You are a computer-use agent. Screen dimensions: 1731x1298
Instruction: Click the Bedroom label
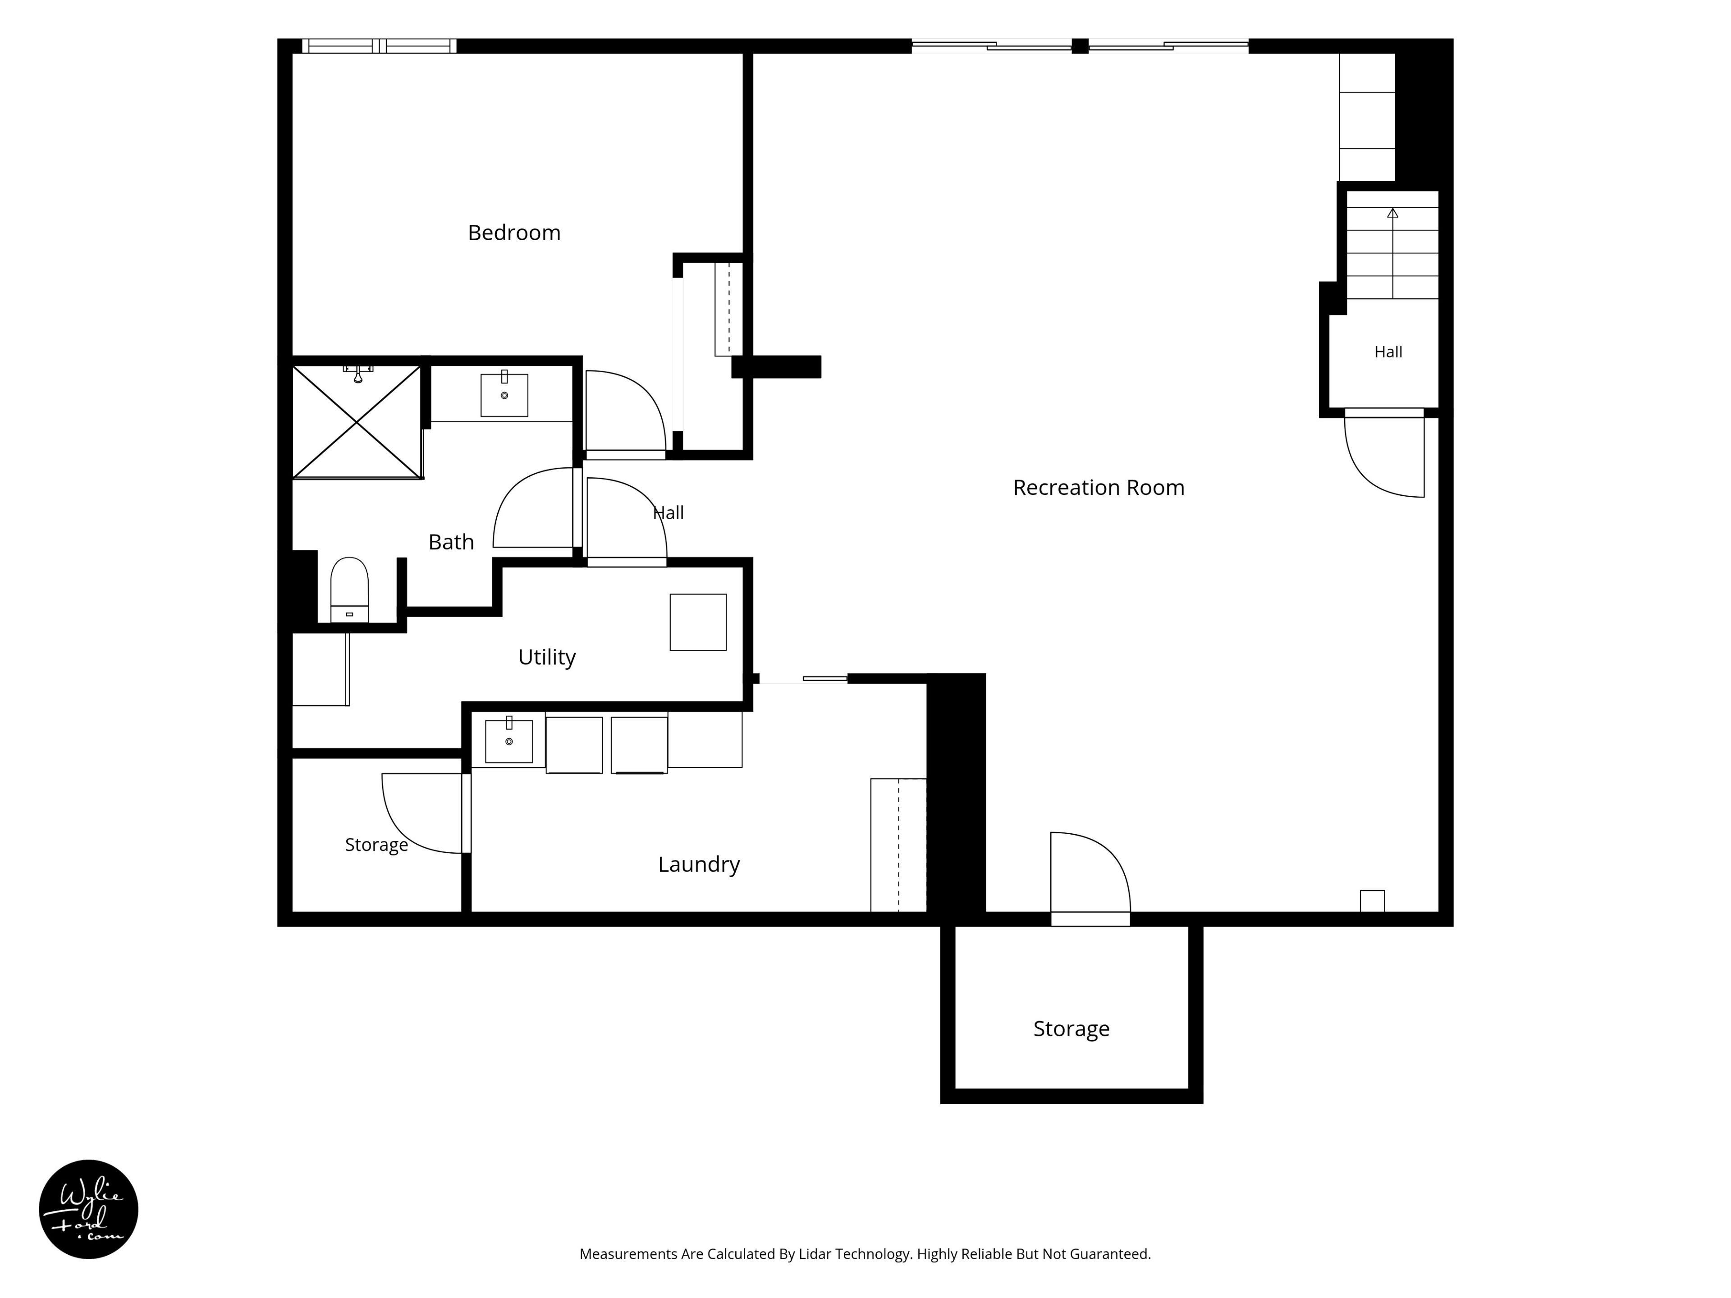(514, 233)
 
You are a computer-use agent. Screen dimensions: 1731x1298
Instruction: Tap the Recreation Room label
(1099, 488)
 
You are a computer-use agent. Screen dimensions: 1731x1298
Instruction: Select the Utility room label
(547, 657)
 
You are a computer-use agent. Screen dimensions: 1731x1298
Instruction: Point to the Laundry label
(699, 864)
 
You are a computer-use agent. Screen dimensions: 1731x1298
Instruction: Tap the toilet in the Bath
(349, 590)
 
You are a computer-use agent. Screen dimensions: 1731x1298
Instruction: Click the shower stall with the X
(357, 422)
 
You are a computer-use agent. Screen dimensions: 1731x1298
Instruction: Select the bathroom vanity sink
(504, 394)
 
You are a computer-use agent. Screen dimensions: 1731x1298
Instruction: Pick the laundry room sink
(508, 740)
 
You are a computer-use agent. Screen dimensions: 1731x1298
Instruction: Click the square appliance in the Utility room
(698, 622)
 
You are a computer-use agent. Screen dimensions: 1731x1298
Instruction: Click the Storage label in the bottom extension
(1072, 1029)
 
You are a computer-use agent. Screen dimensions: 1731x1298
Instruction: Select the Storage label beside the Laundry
(376, 845)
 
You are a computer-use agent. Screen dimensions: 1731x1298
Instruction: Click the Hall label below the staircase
(1388, 352)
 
